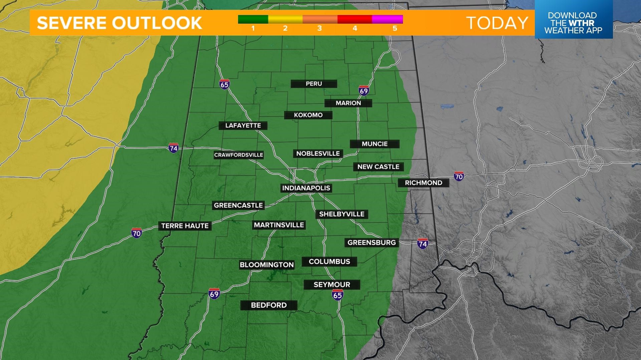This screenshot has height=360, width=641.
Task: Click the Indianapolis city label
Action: pos(306,188)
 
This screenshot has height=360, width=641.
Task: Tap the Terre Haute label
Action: pos(185,226)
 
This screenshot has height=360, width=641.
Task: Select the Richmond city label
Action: pos(423,183)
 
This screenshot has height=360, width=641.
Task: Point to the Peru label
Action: pos(314,84)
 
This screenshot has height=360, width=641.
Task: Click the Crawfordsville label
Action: pos(239,155)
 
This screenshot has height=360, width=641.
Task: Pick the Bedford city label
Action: pos(269,305)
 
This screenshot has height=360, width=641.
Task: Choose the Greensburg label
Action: pos(372,243)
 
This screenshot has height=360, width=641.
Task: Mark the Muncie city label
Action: pos(375,144)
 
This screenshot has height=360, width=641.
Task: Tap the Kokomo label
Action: pos(308,115)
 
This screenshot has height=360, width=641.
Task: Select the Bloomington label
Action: pos(267,265)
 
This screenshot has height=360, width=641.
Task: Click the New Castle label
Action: pos(378,167)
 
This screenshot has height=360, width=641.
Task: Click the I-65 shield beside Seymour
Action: pos(338,295)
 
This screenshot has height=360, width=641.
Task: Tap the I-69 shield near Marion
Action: pos(364,91)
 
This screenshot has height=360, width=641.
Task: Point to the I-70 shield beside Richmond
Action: pos(459,176)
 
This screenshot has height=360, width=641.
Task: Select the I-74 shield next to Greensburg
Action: pos(422,244)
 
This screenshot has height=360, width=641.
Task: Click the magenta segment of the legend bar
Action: pos(387,19)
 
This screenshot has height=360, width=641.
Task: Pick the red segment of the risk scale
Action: pos(355,19)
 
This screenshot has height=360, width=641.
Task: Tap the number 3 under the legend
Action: pos(319,29)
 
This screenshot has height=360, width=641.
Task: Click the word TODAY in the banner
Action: pos(497,23)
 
